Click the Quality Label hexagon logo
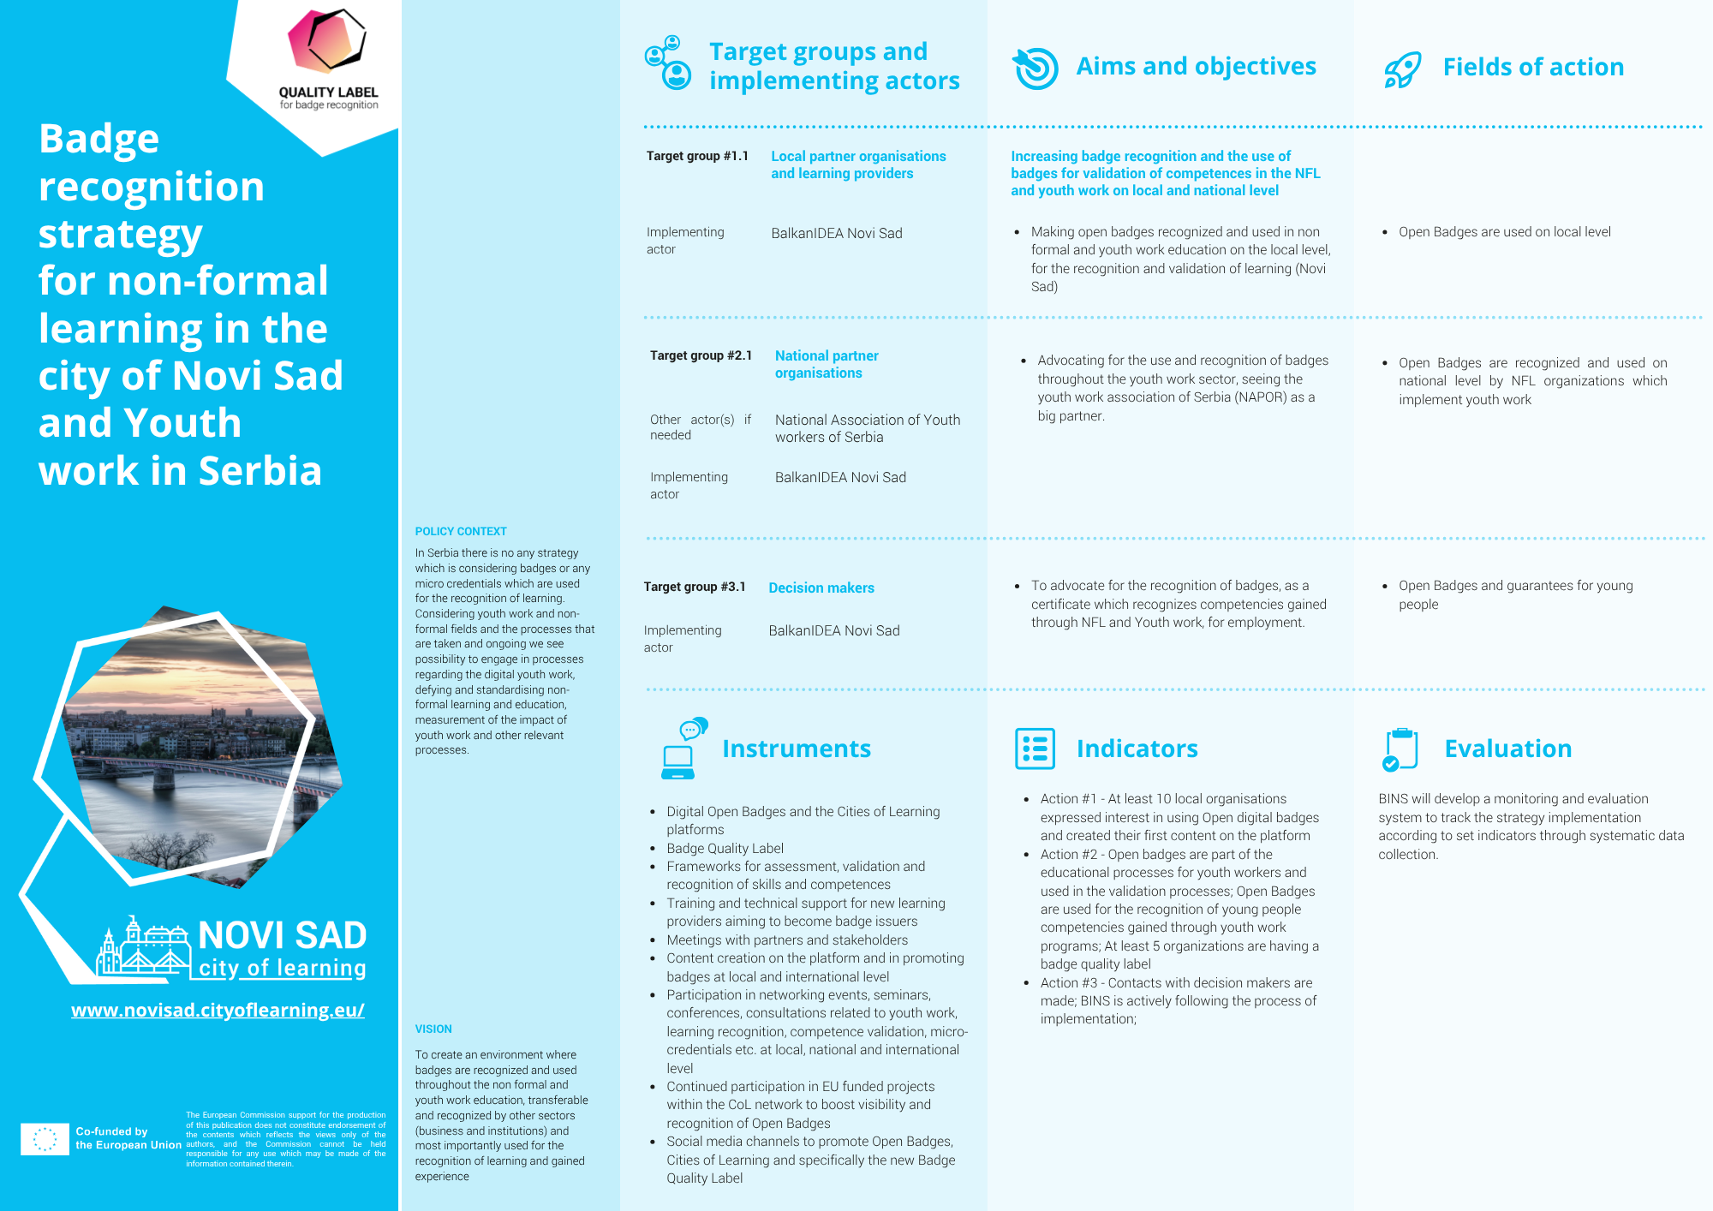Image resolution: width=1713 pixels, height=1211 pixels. [x=327, y=41]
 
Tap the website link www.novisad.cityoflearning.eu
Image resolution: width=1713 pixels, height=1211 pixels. [x=218, y=1011]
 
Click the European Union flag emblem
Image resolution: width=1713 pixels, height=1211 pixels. [x=45, y=1139]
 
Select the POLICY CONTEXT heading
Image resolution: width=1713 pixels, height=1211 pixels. [x=461, y=531]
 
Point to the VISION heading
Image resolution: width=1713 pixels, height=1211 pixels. [x=433, y=1029]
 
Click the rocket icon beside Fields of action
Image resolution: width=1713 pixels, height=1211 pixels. [x=1402, y=69]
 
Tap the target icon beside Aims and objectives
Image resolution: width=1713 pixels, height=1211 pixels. [x=1036, y=68]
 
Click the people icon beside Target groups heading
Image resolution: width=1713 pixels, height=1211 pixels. [x=668, y=62]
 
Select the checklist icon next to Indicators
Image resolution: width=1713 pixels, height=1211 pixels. [x=1035, y=749]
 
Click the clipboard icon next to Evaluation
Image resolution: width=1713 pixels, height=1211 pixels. [x=1400, y=749]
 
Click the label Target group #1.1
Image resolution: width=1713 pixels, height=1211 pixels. [x=697, y=156]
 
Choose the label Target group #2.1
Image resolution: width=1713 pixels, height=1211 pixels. [x=701, y=355]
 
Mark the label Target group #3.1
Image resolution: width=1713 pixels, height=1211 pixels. [x=695, y=587]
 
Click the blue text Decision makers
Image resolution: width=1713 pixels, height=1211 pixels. [x=821, y=588]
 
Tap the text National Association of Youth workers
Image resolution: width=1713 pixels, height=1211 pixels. [x=868, y=428]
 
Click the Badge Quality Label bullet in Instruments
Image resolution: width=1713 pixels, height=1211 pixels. [x=725, y=848]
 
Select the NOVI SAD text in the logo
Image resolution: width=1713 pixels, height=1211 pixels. [x=283, y=935]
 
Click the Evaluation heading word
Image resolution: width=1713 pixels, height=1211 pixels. [x=1507, y=749]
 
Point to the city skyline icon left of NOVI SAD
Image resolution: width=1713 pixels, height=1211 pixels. [x=143, y=948]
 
